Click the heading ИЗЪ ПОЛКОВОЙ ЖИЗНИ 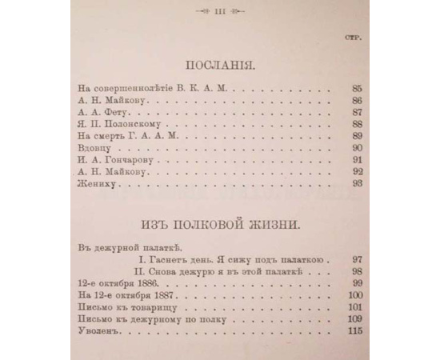[218, 226]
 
